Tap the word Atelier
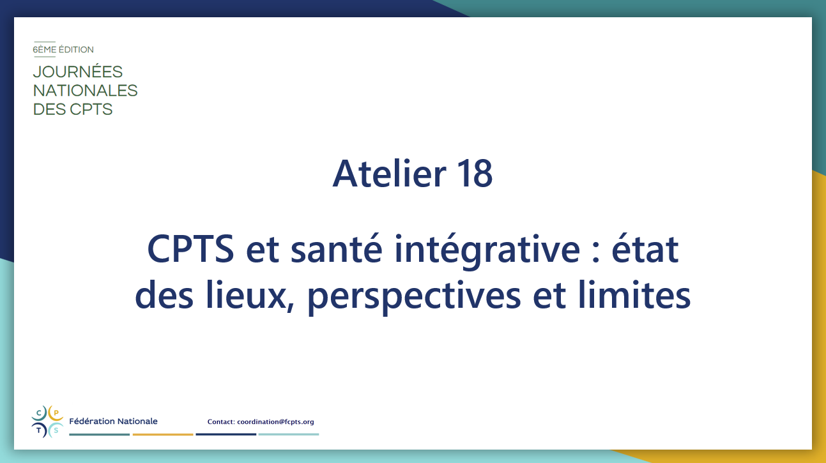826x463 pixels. [390, 173]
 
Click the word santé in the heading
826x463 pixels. [336, 249]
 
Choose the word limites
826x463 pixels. [634, 294]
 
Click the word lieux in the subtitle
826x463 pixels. [245, 295]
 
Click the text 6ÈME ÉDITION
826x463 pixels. [63, 49]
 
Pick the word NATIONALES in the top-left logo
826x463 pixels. [85, 91]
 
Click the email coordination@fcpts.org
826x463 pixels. [275, 421]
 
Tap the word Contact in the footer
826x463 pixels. [221, 421]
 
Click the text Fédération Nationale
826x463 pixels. [113, 421]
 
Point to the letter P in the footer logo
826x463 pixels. [56, 413]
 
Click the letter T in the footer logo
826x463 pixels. [39, 430]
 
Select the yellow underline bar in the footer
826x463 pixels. [163, 435]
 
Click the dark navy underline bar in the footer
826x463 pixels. [226, 435]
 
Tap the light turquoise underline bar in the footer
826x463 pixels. [289, 435]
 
